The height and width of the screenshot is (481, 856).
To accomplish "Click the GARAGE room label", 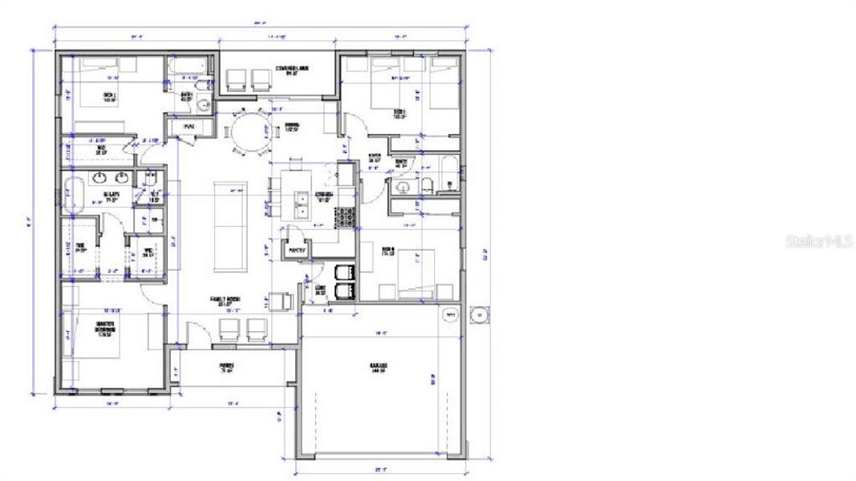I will click(378, 367).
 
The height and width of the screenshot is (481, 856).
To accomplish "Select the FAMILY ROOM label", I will click(226, 301).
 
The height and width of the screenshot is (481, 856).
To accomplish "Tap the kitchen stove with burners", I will click(345, 218).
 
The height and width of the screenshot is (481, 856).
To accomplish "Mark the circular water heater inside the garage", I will click(449, 316).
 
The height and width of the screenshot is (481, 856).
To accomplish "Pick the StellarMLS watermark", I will click(818, 240).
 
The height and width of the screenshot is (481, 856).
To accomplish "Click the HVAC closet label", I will click(189, 127).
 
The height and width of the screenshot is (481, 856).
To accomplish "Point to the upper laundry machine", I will click(345, 271).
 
